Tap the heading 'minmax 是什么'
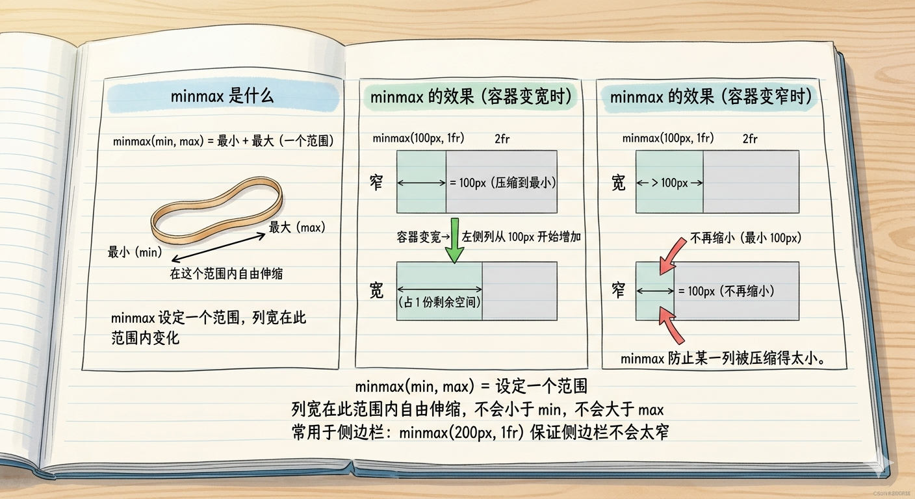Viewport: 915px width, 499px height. (222, 97)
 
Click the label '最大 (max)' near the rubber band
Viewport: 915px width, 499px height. (297, 227)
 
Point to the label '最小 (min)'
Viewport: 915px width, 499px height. (135, 251)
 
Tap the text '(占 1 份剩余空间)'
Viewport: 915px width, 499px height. (439, 302)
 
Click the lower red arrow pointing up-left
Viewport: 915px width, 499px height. (671, 326)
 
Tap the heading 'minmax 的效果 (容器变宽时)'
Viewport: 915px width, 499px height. (470, 97)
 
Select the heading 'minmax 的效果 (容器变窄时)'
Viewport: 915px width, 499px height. (711, 97)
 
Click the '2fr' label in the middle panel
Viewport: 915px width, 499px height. (502, 139)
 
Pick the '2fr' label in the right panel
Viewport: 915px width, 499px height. (750, 139)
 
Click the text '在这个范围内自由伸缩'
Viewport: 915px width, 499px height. (226, 274)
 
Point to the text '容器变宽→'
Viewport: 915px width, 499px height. (423, 237)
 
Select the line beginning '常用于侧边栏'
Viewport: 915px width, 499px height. (480, 431)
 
